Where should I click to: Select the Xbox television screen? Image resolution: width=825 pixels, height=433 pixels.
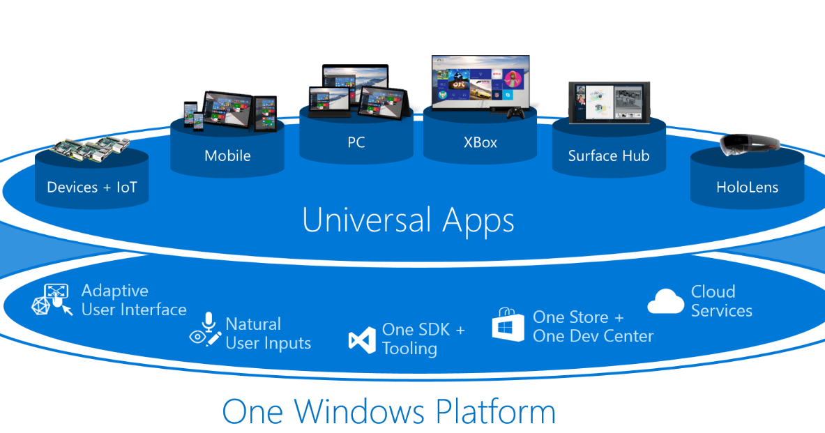pyautogui.click(x=480, y=82)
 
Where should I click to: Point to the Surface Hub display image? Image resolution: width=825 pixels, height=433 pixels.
pyautogui.click(x=609, y=104)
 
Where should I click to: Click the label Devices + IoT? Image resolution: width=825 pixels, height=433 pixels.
pyautogui.click(x=92, y=187)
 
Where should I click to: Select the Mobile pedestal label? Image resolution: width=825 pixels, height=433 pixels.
pyautogui.click(x=227, y=155)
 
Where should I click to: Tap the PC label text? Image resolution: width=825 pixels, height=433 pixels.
pyautogui.click(x=356, y=142)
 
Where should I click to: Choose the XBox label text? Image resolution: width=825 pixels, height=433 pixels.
pyautogui.click(x=480, y=142)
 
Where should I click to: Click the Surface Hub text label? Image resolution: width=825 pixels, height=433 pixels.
pyautogui.click(x=609, y=155)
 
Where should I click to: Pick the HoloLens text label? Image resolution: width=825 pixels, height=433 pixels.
pyautogui.click(x=747, y=187)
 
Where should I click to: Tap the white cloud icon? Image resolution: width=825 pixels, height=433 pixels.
pyautogui.click(x=665, y=301)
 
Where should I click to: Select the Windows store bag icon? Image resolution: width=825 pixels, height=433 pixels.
pyautogui.click(x=508, y=324)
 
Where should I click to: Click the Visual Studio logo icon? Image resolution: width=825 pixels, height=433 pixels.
pyautogui.click(x=362, y=340)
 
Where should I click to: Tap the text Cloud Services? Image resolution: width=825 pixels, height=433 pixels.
pyautogui.click(x=721, y=301)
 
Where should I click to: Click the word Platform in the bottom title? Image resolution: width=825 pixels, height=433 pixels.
pyautogui.click(x=495, y=411)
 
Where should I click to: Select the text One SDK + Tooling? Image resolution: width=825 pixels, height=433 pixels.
pyautogui.click(x=423, y=339)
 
